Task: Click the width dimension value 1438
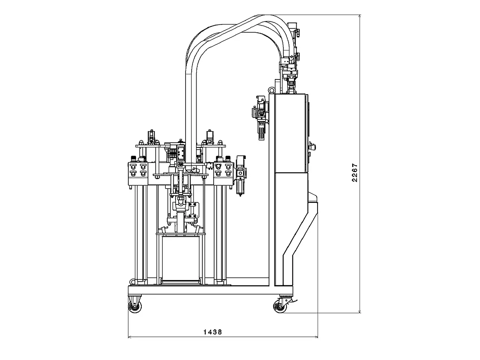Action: tap(213, 331)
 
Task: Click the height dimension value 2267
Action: tap(354, 172)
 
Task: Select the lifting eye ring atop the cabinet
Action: tap(270, 90)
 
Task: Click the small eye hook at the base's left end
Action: tap(131, 281)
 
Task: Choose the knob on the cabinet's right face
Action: tap(311, 145)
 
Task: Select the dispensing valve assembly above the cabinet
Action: tap(291, 75)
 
